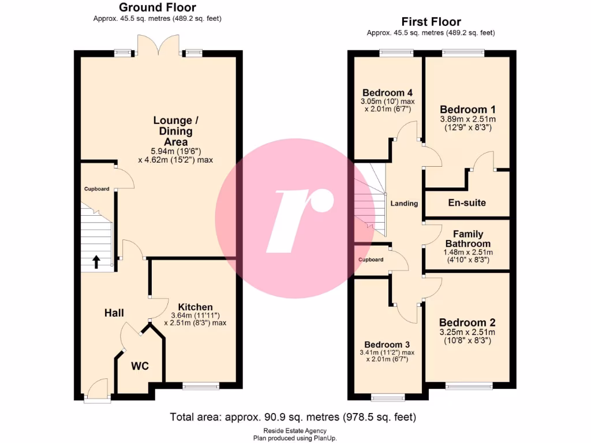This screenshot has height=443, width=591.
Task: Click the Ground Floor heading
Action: [157, 7]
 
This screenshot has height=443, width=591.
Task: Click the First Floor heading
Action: [431, 22]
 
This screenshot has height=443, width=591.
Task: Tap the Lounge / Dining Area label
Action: [173, 131]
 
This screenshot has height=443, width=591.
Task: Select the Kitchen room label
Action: [195, 307]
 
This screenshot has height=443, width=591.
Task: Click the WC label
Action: [140, 366]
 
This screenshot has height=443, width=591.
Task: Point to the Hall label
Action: [114, 313]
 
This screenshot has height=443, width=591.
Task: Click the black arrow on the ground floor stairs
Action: [96, 262]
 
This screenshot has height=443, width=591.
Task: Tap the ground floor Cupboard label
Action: [96, 189]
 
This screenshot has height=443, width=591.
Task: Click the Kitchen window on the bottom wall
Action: [201, 386]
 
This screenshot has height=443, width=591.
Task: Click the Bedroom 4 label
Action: [387, 93]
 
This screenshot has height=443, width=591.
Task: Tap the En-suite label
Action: [467, 202]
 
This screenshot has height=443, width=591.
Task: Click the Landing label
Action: [404, 204]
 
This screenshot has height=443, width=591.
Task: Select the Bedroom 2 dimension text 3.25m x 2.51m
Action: [467, 333]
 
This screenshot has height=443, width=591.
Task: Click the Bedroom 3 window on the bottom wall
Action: [388, 397]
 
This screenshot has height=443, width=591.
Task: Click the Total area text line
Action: [293, 417]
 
